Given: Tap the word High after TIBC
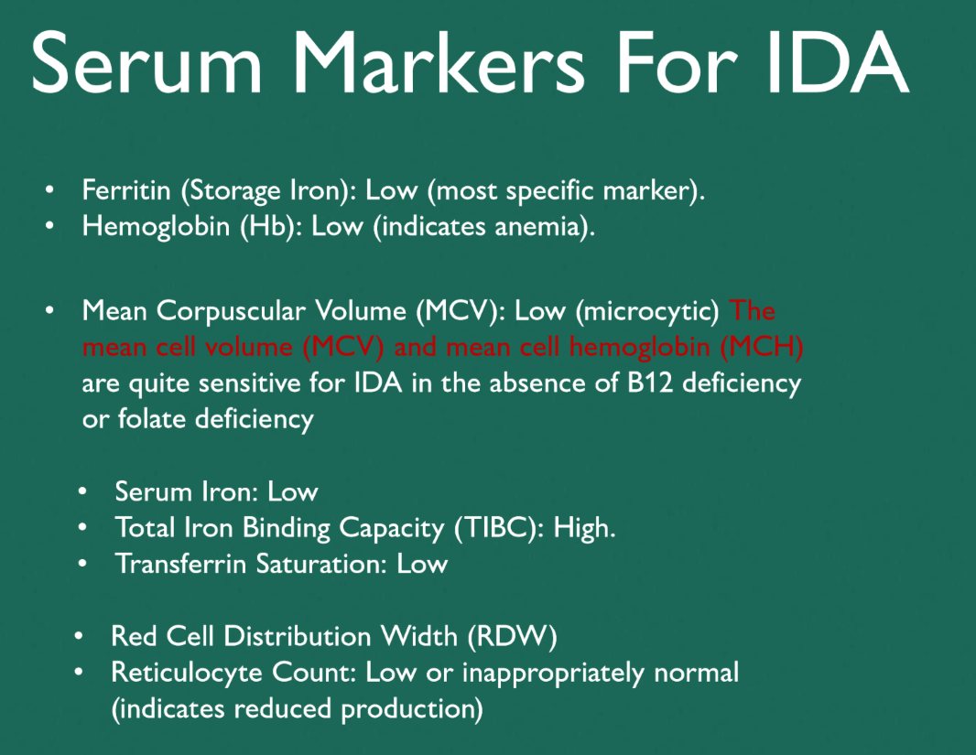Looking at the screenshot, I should pos(582,528).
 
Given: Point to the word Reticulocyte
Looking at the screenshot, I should pos(187,673).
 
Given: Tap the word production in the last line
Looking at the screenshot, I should pos(412,709).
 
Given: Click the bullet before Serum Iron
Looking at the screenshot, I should pos(83,491).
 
